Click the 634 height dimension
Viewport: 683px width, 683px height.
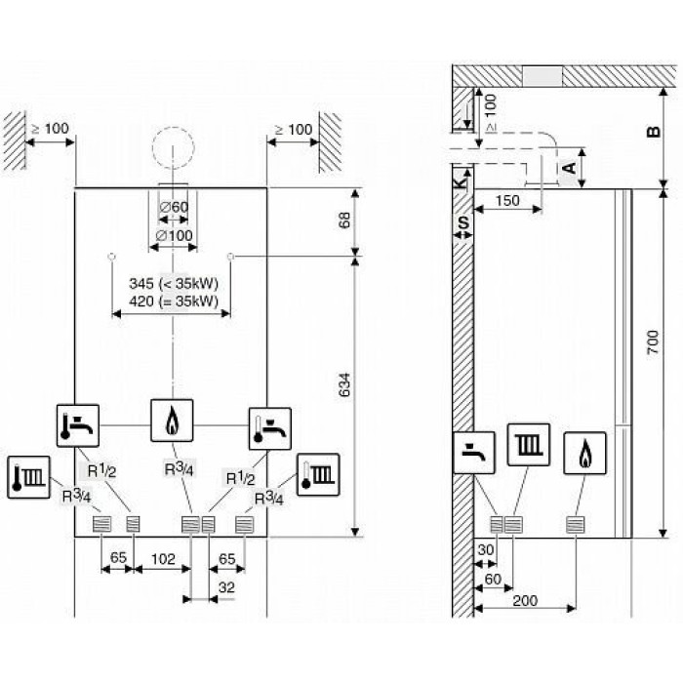coord(344,385)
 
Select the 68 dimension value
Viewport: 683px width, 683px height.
coord(344,220)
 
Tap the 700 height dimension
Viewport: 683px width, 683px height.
coord(653,341)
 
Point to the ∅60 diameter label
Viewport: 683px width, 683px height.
coord(174,207)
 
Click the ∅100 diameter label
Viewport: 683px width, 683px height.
coord(175,236)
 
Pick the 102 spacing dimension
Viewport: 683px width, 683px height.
coord(163,559)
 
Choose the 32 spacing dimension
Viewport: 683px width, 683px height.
coord(227,587)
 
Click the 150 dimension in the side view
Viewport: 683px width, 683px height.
coord(507,200)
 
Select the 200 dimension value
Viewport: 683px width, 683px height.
coord(525,601)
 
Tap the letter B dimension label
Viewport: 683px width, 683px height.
coord(654,131)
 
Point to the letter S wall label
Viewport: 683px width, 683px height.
coord(463,223)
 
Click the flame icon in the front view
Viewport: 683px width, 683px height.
coord(172,421)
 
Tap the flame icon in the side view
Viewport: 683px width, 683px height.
coord(584,453)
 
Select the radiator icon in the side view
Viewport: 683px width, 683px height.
coord(529,444)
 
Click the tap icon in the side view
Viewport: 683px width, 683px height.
coord(474,453)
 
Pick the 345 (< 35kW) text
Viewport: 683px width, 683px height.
coord(174,284)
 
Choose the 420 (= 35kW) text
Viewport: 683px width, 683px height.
coord(174,301)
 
